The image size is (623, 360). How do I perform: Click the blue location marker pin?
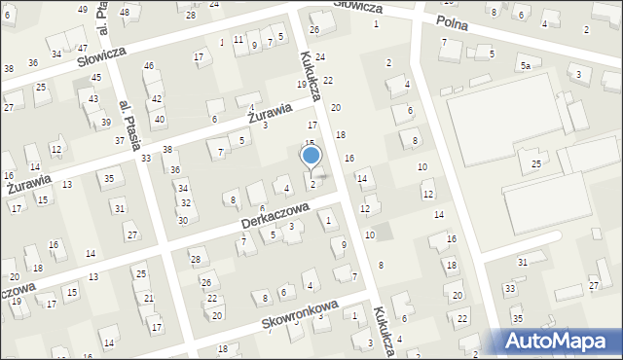click(311, 156)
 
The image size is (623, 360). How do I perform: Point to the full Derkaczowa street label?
click(275, 217)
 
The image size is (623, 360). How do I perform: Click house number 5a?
click(525, 65)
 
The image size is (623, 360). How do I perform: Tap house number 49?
click(82, 9)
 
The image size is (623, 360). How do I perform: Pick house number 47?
click(83, 48)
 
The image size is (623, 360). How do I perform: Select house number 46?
click(149, 66)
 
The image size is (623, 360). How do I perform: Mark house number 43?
click(93, 100)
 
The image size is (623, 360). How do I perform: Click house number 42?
click(157, 99)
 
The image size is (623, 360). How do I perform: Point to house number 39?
click(105, 123)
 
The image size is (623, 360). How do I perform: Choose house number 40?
click(160, 119)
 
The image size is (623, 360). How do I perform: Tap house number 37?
click(119, 141)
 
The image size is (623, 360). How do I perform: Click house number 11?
click(238, 39)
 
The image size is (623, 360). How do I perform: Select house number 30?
click(182, 221)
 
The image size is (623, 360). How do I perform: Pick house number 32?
click(185, 202)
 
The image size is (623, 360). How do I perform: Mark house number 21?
click(149, 298)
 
